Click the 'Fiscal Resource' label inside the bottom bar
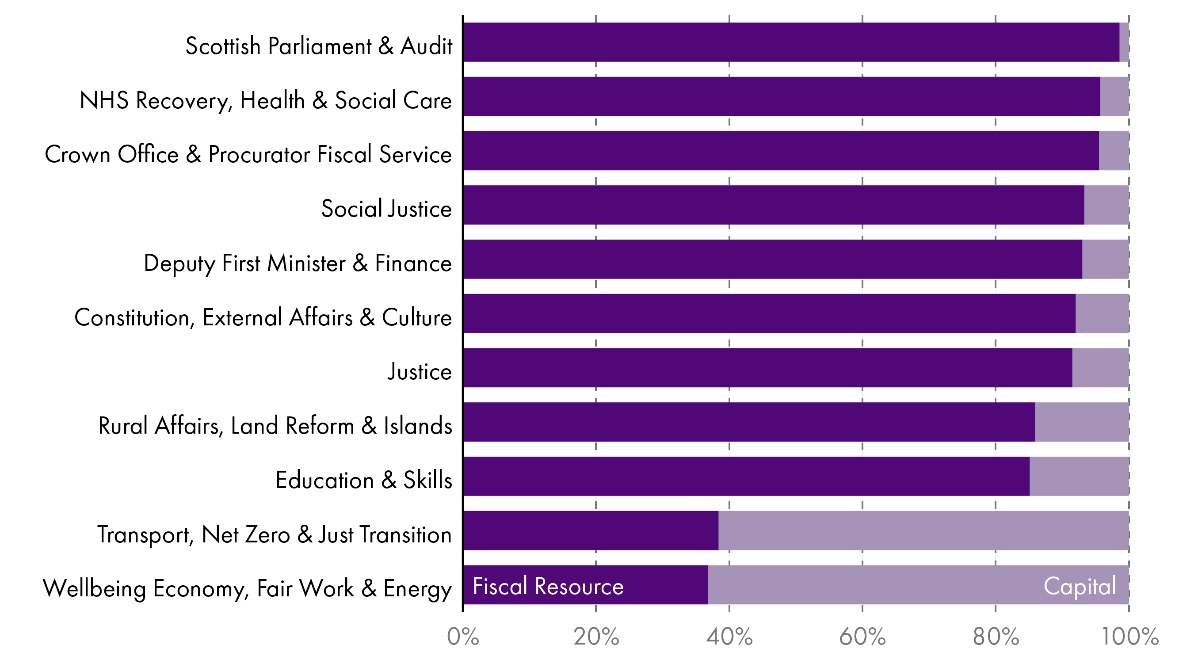click(547, 586)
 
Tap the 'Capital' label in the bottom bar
click(1079, 586)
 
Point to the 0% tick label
click(463, 637)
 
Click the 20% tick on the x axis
click(596, 637)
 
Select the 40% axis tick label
click(729, 637)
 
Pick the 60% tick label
click(862, 637)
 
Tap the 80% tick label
click(996, 637)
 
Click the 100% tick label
click(1129, 637)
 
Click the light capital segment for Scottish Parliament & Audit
click(1124, 42)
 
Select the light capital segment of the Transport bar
click(923, 530)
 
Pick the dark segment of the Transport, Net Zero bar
click(591, 530)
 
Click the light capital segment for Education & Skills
click(1079, 476)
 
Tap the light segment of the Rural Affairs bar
click(1081, 422)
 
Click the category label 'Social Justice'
click(386, 209)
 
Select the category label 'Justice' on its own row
click(419, 371)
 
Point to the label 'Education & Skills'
click(363, 480)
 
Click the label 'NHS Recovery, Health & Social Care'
click(265, 101)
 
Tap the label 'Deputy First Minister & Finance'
click(298, 263)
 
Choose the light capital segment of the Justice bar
click(1100, 367)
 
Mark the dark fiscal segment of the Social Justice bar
click(774, 205)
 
